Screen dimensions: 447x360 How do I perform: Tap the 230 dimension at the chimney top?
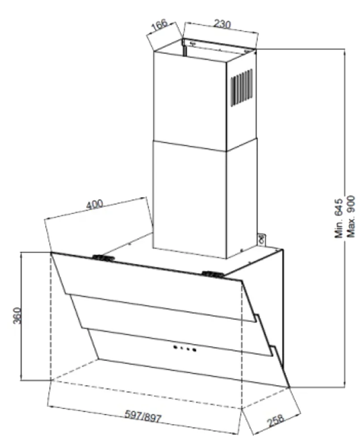click(222, 25)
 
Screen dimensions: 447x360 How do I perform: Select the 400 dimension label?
click(95, 205)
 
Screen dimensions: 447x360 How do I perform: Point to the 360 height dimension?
click(17, 317)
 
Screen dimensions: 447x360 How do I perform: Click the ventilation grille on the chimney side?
click(242, 88)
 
